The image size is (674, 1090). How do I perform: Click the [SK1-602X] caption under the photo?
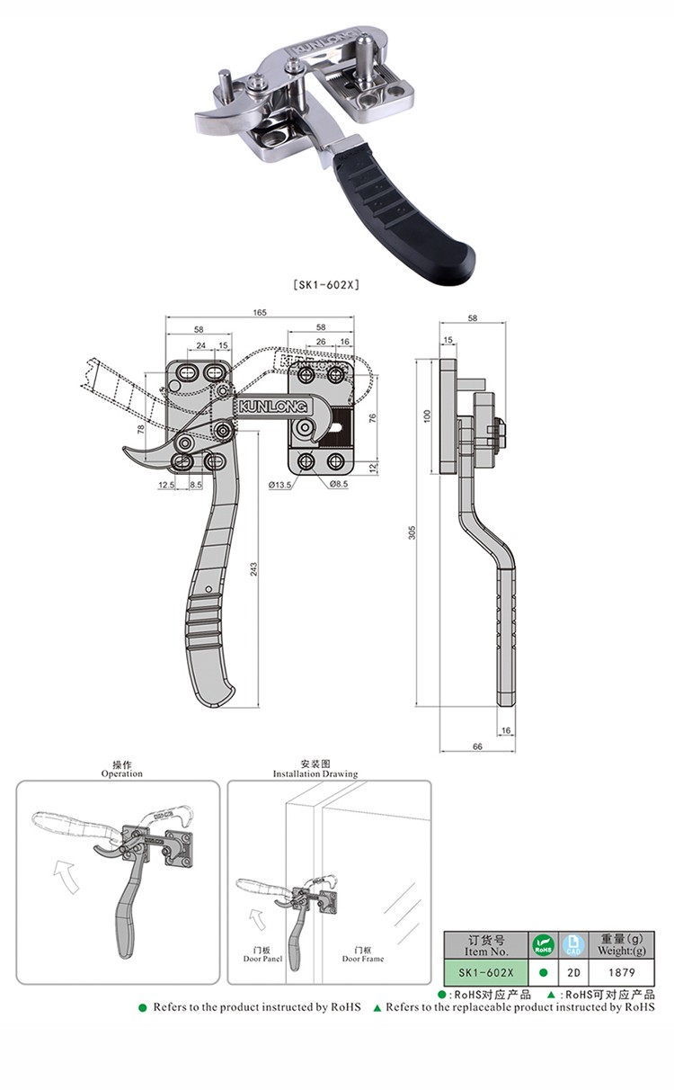[327, 285]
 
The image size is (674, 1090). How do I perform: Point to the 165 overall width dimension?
[260, 313]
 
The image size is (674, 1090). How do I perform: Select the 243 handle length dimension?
[255, 569]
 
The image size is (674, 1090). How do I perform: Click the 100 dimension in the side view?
[428, 415]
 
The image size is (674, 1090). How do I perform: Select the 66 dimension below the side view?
[476, 747]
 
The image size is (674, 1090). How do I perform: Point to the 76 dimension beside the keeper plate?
[371, 416]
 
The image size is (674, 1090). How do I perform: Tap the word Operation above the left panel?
[121, 773]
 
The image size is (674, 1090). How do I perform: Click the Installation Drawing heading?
[315, 773]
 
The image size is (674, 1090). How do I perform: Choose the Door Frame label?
[363, 959]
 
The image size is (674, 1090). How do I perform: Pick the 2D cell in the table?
[573, 972]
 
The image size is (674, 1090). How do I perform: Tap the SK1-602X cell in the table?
[486, 972]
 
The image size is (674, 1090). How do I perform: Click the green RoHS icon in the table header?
[543, 945]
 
